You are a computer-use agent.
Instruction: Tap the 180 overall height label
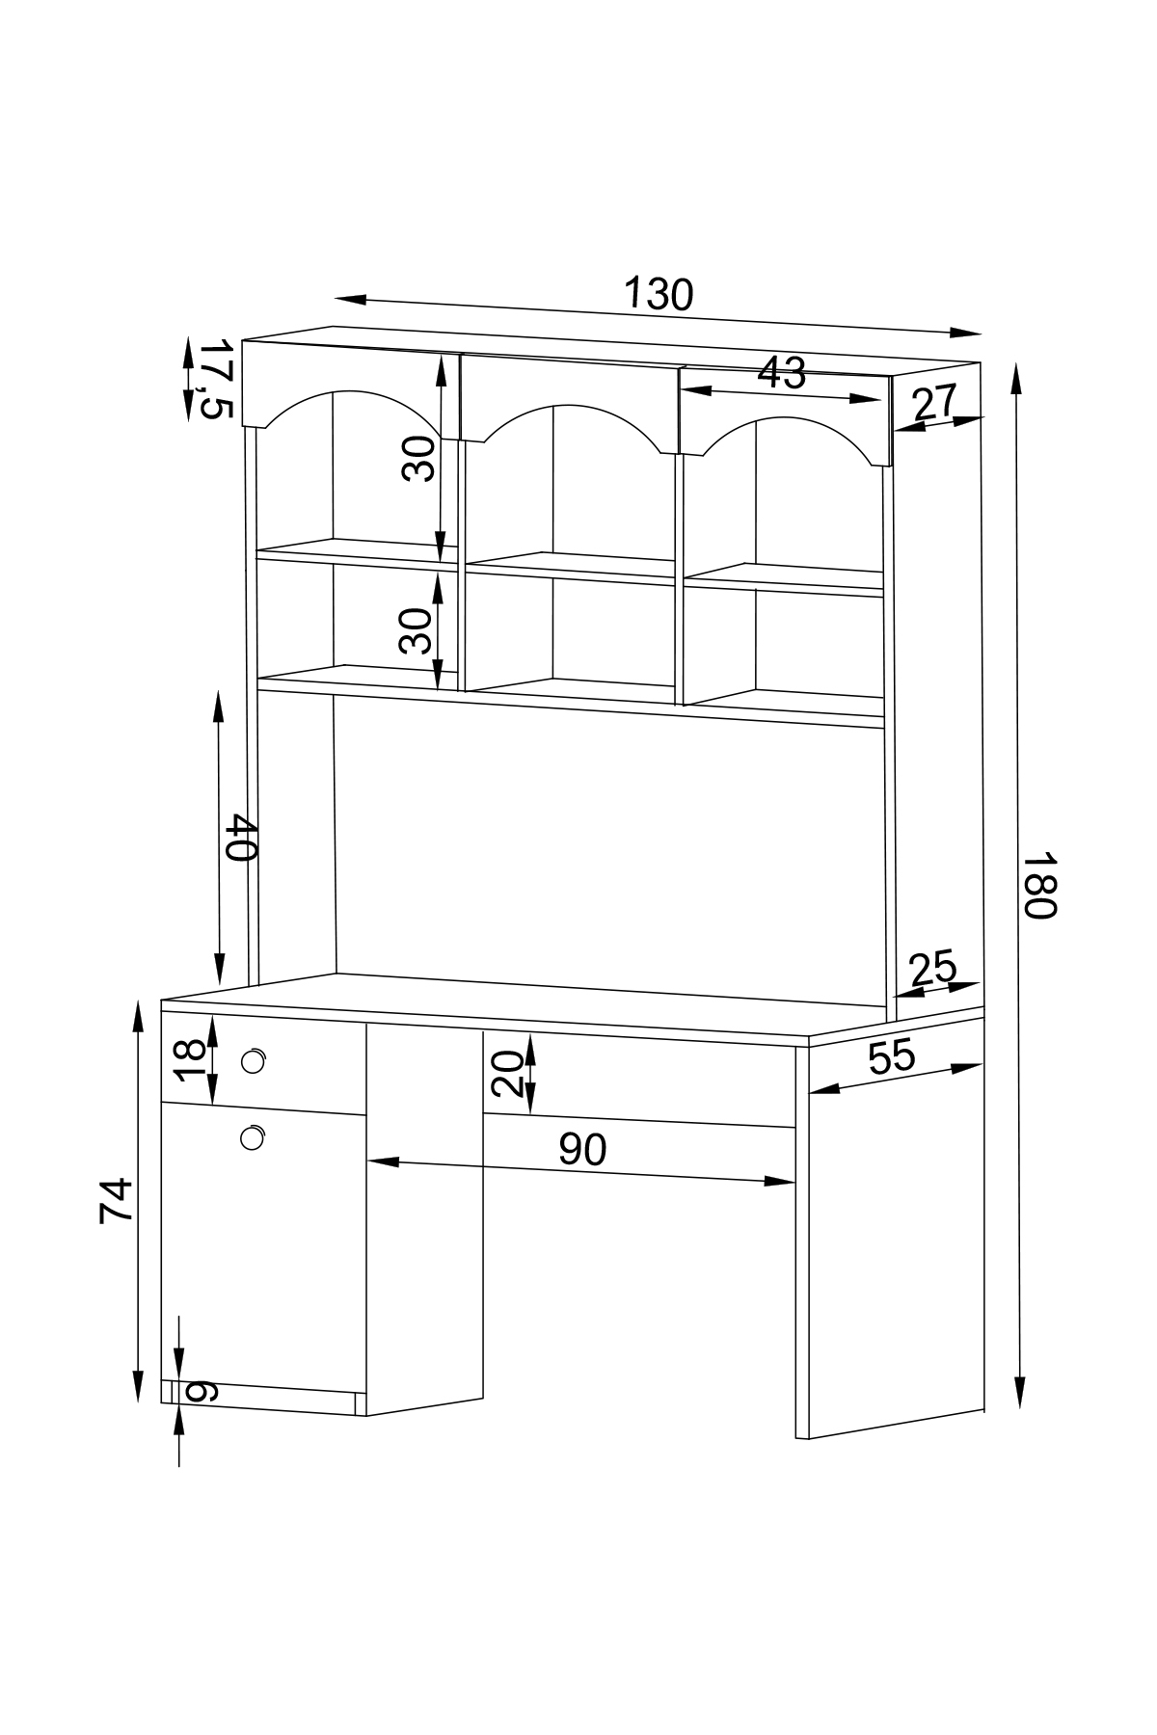[x=1040, y=884]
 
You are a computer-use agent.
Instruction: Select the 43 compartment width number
[x=781, y=373]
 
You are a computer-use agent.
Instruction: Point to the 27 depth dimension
[x=933, y=402]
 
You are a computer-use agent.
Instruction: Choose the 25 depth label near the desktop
[x=931, y=968]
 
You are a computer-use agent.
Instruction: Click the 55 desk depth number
[x=891, y=1057]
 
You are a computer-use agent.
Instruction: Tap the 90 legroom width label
[x=582, y=1149]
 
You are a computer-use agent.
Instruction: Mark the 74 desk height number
[x=116, y=1200]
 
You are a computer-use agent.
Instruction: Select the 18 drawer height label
[x=191, y=1060]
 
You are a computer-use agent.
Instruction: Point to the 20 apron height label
[x=508, y=1074]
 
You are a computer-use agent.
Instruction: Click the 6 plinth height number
[x=202, y=1392]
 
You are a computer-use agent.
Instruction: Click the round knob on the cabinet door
[x=253, y=1138]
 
